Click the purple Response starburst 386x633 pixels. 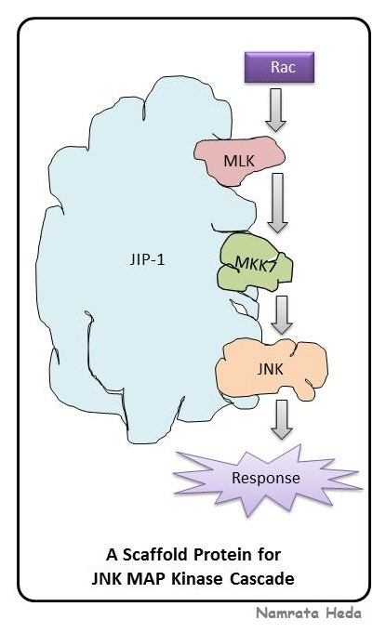pyautogui.click(x=265, y=480)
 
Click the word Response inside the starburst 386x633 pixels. pyautogui.click(x=265, y=480)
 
